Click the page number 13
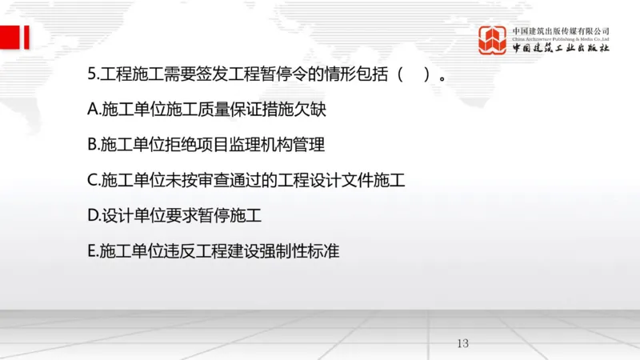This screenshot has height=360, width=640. pos(462,343)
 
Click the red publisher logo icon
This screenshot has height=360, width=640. pos(494,40)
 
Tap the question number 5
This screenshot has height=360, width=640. pos(90,75)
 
